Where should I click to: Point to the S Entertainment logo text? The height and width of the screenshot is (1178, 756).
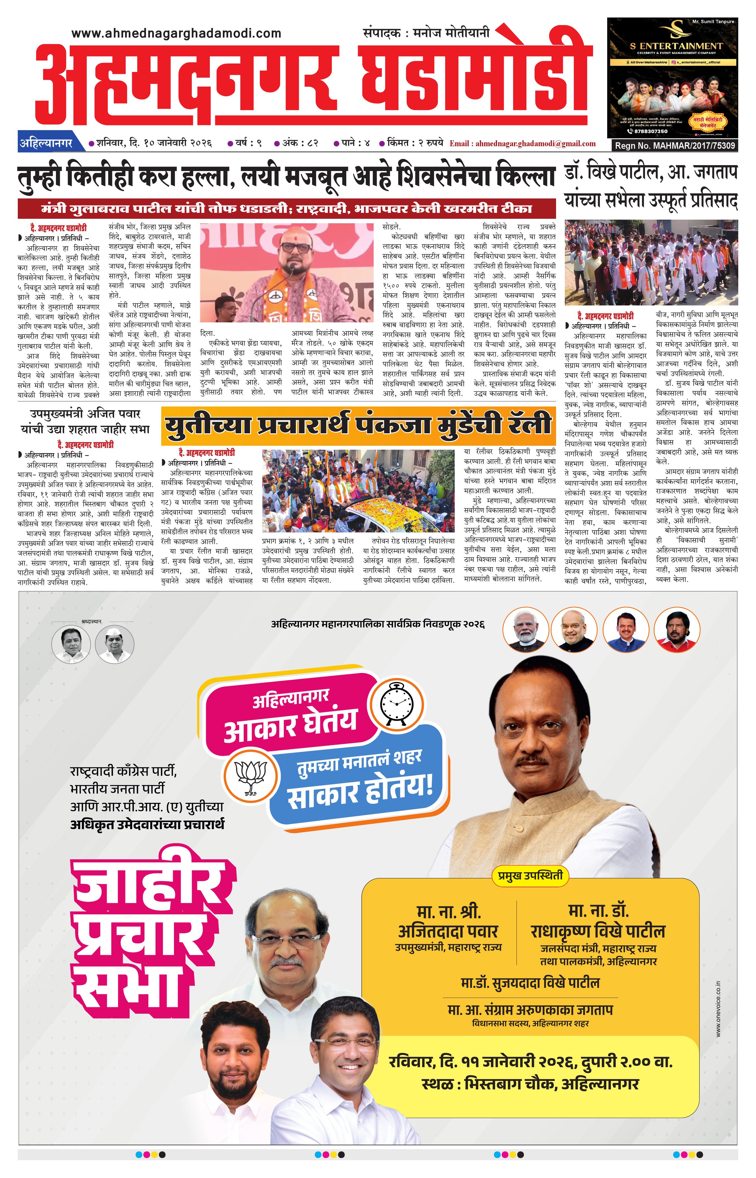pyautogui.click(x=672, y=46)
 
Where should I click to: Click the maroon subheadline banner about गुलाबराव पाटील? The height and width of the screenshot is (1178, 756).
pyautogui.click(x=287, y=209)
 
